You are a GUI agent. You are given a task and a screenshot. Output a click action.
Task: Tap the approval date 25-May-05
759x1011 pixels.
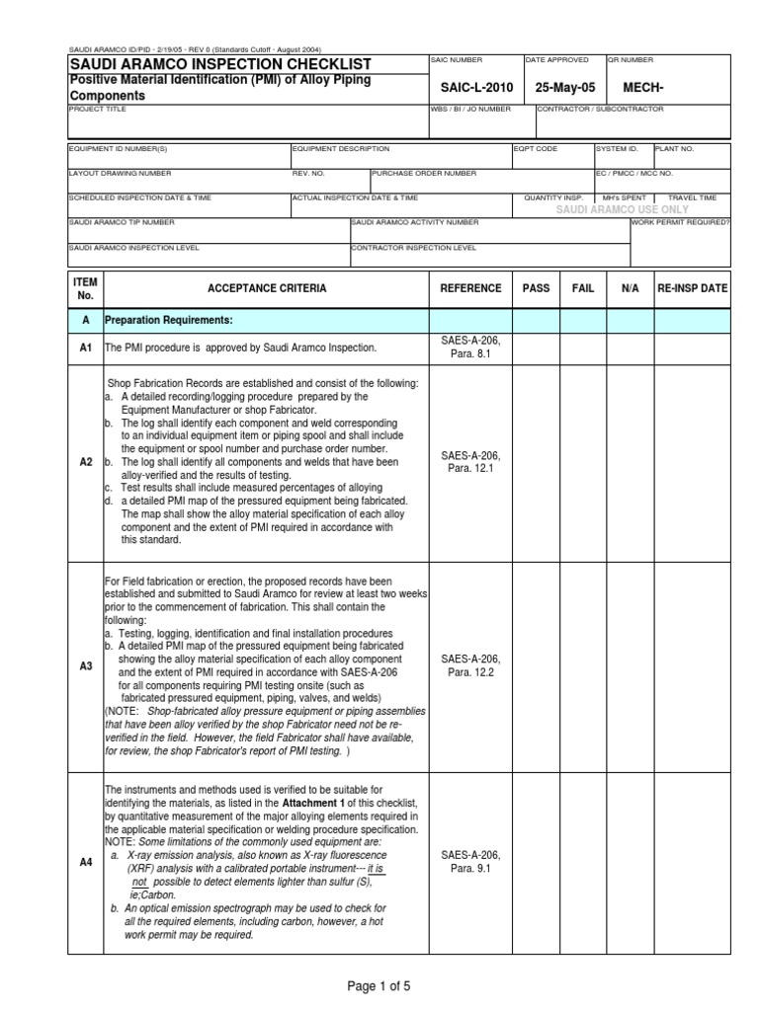click(565, 88)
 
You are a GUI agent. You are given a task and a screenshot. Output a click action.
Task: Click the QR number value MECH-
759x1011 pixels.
click(642, 88)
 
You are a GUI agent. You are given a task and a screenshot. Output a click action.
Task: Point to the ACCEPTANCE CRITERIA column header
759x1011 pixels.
click(266, 288)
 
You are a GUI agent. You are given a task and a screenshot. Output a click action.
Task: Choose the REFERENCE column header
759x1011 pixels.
click(470, 288)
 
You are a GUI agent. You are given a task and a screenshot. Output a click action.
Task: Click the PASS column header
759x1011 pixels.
click(536, 288)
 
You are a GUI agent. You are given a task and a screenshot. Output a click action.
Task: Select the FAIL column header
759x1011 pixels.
click(583, 288)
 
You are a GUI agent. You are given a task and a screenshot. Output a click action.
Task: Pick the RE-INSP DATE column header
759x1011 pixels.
click(692, 288)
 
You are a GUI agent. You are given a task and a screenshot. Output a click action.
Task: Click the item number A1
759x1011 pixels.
click(85, 348)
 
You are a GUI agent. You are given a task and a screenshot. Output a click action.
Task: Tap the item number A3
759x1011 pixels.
click(85, 666)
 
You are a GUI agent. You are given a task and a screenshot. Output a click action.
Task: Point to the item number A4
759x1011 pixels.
click(85, 862)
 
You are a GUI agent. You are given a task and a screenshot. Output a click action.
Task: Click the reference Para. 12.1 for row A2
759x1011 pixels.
click(470, 469)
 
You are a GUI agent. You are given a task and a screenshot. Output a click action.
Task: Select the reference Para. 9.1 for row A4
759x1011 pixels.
click(470, 869)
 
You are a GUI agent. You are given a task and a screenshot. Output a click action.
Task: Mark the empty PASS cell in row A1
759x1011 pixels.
click(536, 348)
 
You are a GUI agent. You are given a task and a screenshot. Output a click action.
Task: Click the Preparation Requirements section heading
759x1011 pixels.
click(169, 321)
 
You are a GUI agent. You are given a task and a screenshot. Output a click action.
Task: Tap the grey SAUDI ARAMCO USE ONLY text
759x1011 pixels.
click(623, 210)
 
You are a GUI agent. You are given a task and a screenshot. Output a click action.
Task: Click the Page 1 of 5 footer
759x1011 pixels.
click(378, 986)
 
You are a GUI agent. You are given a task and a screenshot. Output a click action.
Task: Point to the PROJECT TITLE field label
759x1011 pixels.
click(98, 109)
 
